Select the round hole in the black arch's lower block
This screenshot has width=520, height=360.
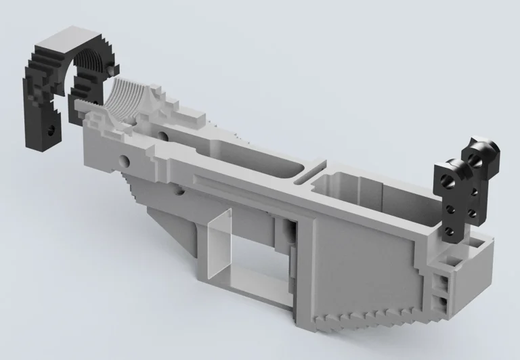[50, 126]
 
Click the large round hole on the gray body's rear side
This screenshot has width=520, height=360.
[125, 160]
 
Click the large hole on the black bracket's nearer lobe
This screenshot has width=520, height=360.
[448, 180]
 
